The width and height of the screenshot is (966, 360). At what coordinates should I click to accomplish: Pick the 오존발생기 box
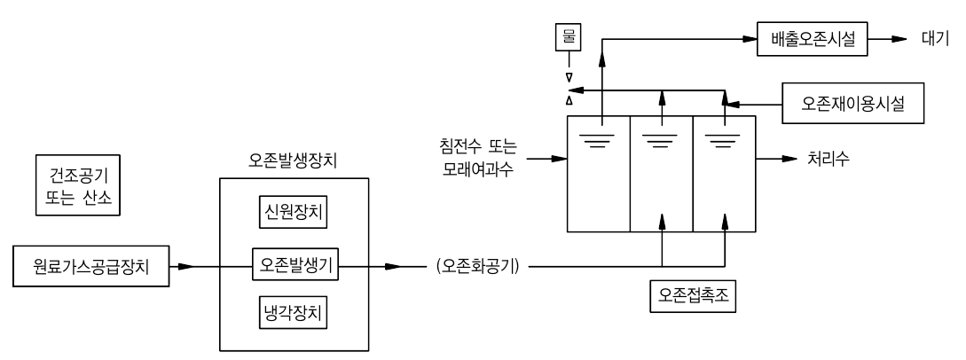[x=292, y=265]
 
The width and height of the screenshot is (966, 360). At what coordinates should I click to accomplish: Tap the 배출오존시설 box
[x=814, y=40]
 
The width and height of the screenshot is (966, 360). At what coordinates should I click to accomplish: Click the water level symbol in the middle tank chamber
[x=661, y=139]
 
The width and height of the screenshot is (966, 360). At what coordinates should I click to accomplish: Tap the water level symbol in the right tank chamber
[x=723, y=139]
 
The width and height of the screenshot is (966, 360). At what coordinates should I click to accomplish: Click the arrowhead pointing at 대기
[x=899, y=40]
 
